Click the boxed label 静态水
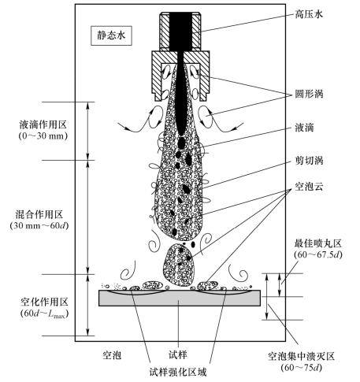point(111,35)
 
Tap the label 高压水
point(309,13)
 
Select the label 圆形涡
point(309,94)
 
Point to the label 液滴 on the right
point(304,128)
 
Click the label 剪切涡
point(309,161)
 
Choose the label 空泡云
point(309,187)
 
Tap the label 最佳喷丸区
point(318,244)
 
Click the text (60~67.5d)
point(318,254)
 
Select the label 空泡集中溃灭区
point(301,357)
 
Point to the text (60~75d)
point(301,368)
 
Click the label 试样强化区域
point(178,372)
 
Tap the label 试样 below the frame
point(178,355)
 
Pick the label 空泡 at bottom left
point(112,355)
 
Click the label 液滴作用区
point(43,124)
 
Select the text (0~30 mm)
point(43,135)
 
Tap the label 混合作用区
point(39,214)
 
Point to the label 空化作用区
point(44,302)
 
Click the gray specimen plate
point(180,299)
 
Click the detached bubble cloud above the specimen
point(180,265)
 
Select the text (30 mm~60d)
point(39,226)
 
